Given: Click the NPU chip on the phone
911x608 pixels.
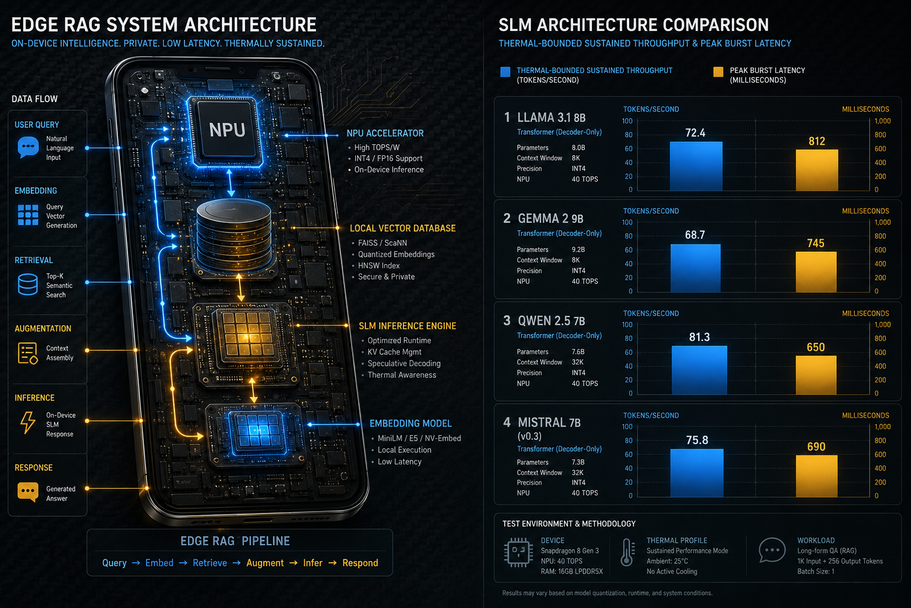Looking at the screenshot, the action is [227, 130].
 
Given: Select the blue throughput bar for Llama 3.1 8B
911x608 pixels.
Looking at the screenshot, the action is [696, 166].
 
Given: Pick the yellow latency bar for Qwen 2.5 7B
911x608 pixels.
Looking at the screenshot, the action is [816, 375].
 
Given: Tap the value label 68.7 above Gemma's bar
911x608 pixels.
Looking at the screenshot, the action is [695, 235].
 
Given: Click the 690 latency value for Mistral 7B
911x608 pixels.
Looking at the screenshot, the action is [816, 446].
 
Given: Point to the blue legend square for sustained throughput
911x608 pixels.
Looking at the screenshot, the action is [505, 72].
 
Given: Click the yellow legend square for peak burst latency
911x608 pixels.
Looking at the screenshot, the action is [718, 72].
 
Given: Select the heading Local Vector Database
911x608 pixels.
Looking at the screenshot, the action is [403, 229].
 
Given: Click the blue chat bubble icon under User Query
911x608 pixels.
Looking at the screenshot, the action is [28, 147].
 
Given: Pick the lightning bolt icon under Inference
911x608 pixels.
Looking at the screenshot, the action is [28, 423].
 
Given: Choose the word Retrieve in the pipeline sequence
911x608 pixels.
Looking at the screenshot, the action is [210, 563].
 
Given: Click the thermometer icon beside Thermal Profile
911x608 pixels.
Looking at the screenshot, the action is [627, 552].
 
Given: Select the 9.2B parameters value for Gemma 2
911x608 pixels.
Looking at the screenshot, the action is [578, 249].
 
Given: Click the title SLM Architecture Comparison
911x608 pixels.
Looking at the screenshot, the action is [633, 25].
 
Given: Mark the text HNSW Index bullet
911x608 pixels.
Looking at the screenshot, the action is [378, 265].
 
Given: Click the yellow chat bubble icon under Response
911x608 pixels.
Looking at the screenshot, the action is [28, 492].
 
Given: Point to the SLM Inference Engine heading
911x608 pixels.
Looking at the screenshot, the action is [407, 326].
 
